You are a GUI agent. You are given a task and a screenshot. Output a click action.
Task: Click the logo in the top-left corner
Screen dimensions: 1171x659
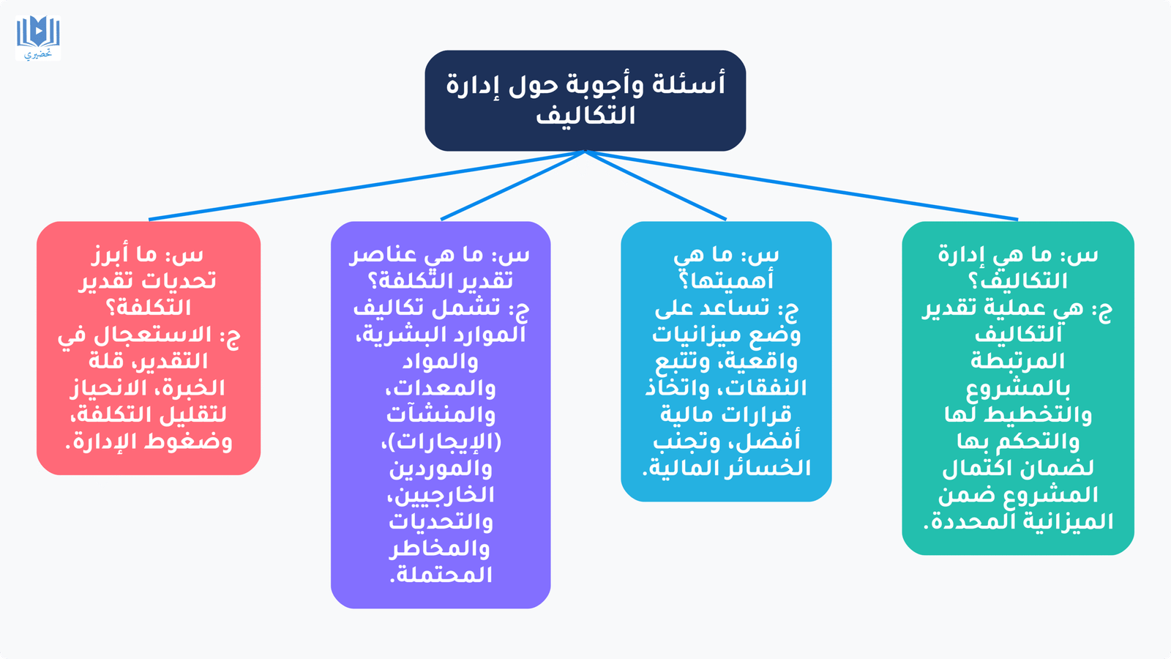click(38, 38)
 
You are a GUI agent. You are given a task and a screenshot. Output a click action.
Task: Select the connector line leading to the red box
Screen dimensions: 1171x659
click(367, 185)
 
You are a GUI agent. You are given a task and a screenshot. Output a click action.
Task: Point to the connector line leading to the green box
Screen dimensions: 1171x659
click(802, 185)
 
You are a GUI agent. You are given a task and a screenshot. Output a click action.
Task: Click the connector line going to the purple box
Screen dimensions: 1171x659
click(513, 185)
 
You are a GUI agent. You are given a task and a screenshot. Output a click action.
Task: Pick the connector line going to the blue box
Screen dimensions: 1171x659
click(656, 185)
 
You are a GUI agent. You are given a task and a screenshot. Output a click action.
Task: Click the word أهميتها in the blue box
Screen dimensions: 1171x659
click(726, 281)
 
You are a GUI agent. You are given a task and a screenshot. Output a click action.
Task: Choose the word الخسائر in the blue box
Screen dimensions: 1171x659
click(771, 468)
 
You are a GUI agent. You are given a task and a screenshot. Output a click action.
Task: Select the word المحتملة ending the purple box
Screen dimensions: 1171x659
click(441, 575)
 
